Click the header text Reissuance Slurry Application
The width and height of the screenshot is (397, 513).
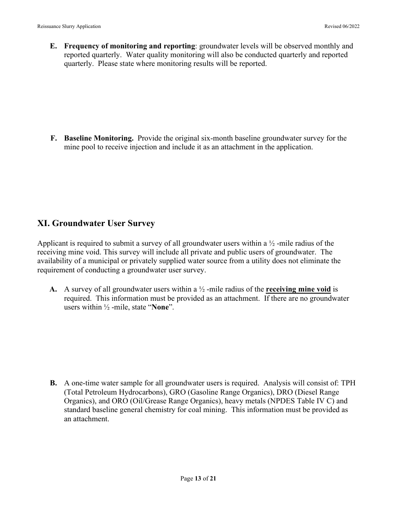(x=69, y=26)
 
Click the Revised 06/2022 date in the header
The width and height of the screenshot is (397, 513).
(x=342, y=26)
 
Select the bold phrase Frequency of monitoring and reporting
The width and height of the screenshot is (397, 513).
(x=130, y=46)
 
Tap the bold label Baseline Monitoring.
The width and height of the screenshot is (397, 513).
(x=99, y=138)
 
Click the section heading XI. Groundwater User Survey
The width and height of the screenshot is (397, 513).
(x=96, y=224)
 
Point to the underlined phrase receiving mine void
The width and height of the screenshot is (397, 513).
(x=298, y=289)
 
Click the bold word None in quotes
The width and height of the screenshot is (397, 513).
(x=160, y=307)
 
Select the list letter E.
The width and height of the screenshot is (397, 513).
(x=53, y=46)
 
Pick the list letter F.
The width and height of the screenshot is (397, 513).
(x=53, y=138)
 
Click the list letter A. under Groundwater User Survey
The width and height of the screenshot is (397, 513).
(x=53, y=289)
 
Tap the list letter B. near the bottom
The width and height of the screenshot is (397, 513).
(x=53, y=383)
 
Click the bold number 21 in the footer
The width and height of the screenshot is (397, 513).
(x=213, y=478)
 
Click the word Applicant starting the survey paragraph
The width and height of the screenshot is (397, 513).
(x=51, y=243)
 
